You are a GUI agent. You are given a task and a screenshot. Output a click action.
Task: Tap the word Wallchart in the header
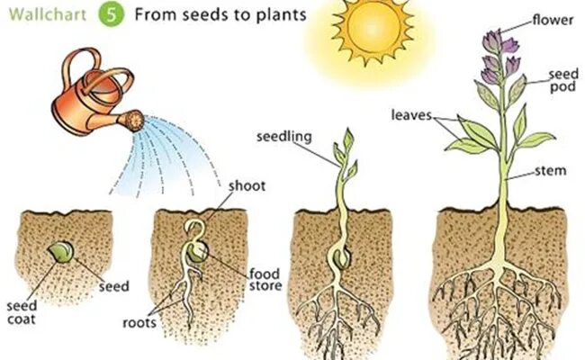(48, 15)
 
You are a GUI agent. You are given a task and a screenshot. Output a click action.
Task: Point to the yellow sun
(366, 32)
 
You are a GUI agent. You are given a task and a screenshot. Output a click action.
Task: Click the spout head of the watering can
(132, 118)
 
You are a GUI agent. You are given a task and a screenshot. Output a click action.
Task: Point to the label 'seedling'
(283, 136)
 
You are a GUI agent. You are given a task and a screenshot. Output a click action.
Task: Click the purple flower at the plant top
(491, 54)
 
